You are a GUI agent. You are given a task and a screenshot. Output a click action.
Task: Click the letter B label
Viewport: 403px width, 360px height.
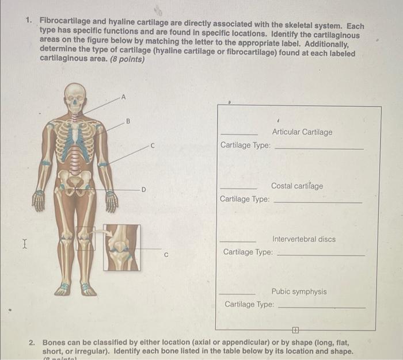click(128, 121)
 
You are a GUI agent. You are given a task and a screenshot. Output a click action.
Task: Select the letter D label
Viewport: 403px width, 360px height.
click(144, 189)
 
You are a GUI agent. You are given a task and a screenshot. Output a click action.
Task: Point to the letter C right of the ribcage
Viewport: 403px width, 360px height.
click(153, 147)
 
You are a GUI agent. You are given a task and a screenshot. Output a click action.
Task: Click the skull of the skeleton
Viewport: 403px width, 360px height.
click(75, 98)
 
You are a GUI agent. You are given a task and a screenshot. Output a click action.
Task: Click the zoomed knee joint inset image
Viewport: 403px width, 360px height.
click(121, 247)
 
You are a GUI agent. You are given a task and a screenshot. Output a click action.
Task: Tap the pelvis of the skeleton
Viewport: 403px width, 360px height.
click(75, 182)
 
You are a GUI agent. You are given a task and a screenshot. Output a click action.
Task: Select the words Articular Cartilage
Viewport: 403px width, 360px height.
click(302, 132)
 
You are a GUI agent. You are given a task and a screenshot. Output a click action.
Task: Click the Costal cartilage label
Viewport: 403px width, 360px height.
click(297, 186)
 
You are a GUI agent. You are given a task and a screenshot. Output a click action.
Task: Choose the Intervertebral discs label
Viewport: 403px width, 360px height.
click(303, 239)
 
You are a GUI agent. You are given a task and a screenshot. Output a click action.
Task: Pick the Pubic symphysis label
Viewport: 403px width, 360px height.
click(299, 292)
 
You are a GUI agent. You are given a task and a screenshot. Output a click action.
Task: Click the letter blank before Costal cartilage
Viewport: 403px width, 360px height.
click(238, 189)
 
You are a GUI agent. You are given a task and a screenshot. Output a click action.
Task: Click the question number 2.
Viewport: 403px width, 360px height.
click(33, 343)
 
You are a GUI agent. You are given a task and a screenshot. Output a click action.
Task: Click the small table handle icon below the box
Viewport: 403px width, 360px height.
click(295, 330)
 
